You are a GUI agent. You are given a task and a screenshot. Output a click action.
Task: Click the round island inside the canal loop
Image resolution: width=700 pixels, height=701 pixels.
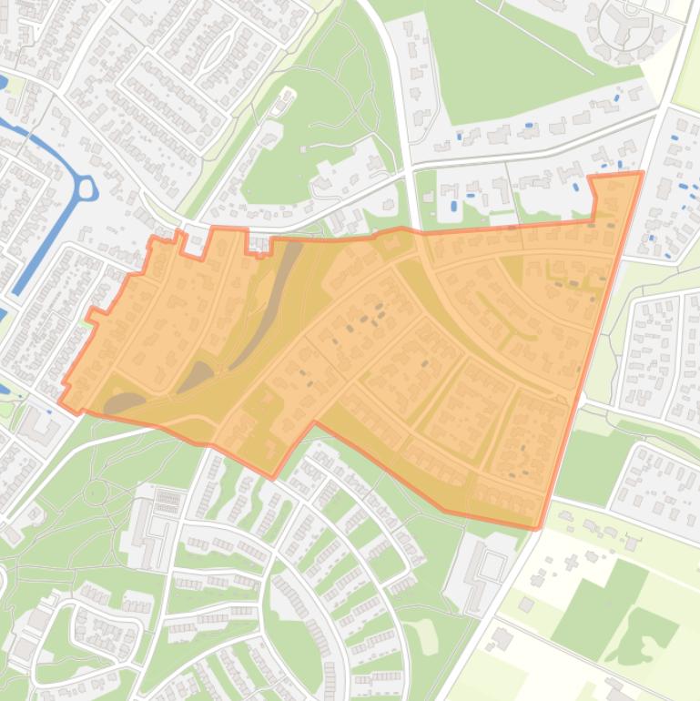coord(86,188)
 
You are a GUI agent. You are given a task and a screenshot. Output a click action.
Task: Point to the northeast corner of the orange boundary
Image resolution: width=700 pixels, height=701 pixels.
coord(641,173)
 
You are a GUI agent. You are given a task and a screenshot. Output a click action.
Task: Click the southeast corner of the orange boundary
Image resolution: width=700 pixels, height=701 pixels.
coord(538,527)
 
